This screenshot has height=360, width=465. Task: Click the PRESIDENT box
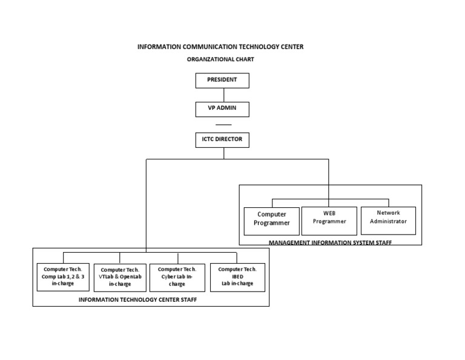222,80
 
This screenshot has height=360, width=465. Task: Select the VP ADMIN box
222,109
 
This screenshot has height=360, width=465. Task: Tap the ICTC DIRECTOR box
222,140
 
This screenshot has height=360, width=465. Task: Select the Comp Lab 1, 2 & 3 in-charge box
63,277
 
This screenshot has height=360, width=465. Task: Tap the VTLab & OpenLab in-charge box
120,278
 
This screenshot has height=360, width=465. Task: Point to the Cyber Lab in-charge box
177,277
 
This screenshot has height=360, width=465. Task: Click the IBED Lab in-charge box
237,277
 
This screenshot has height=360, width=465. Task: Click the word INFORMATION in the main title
159,47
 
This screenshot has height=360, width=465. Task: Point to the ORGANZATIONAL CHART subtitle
220,59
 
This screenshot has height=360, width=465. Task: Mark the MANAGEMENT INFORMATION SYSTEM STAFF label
330,242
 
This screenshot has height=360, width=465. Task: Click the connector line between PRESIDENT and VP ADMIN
223,95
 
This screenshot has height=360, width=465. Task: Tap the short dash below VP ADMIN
223,124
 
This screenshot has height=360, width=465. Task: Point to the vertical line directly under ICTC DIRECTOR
223,153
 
